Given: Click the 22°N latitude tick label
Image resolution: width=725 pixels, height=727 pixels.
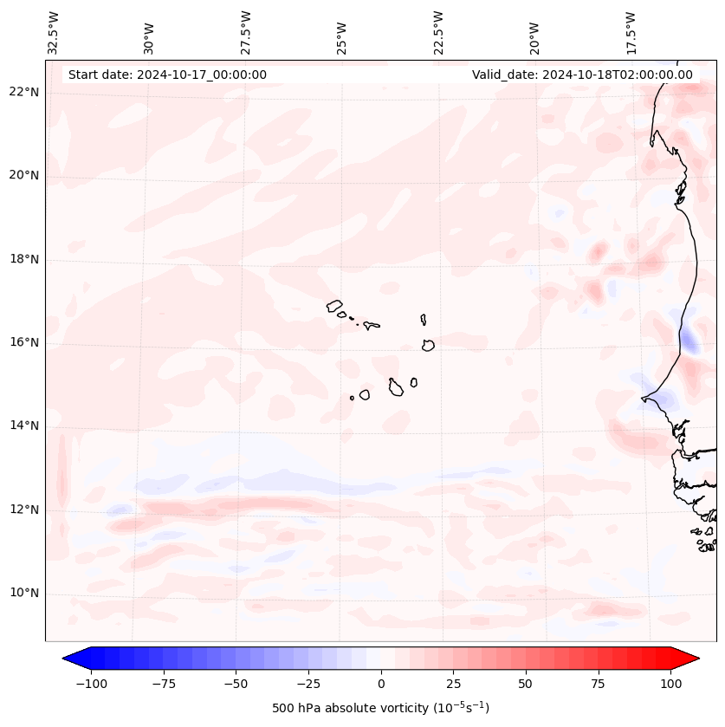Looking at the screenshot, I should click(x=24, y=93).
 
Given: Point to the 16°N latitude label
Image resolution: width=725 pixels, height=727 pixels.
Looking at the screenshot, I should click(x=24, y=342).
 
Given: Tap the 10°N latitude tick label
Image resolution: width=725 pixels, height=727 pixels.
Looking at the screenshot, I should click(x=24, y=594).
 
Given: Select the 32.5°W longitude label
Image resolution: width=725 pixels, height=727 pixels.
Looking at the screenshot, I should click(x=54, y=33).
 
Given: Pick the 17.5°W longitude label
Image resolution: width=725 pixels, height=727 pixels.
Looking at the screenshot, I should click(x=631, y=33).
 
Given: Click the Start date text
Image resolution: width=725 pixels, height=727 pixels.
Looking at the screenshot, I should click(x=167, y=75).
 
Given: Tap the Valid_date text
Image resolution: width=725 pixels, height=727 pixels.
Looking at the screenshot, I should click(x=582, y=75).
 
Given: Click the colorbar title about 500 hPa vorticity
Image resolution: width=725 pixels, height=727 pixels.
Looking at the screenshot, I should click(x=380, y=708).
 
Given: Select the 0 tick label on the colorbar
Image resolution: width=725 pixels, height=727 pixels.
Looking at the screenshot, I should click(x=381, y=684).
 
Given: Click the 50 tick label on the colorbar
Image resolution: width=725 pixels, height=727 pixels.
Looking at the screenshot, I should click(x=526, y=684).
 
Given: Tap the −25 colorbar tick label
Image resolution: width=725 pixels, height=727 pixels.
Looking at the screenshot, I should click(x=308, y=684).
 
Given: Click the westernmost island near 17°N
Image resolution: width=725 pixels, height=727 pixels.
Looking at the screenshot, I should click(x=334, y=305).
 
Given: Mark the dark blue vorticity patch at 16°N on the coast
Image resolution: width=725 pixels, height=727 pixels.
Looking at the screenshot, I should click(x=689, y=341).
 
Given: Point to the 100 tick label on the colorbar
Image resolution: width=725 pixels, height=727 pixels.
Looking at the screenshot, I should click(x=670, y=684).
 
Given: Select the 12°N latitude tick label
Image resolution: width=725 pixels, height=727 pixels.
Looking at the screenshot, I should click(x=24, y=510).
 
